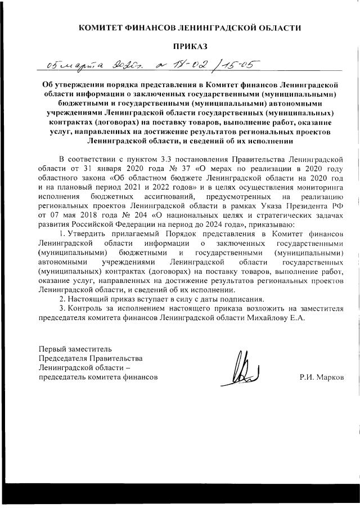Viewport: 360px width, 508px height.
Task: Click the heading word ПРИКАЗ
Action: pos(190,45)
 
